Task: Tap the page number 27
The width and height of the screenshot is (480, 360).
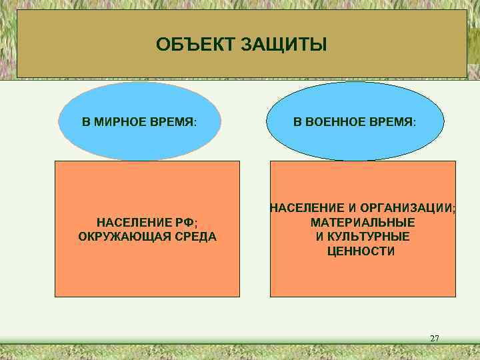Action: [x=434, y=339]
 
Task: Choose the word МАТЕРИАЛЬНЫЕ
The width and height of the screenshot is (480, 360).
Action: [x=363, y=222]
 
